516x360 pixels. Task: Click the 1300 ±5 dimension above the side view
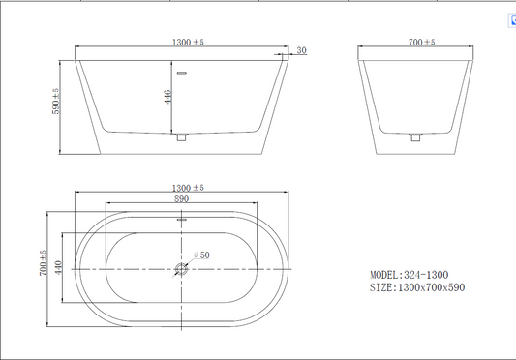click(x=188, y=43)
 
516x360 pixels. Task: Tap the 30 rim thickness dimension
click(x=301, y=50)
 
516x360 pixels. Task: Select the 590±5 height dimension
click(x=55, y=101)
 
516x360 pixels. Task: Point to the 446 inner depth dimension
click(x=167, y=97)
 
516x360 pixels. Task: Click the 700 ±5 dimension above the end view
click(x=421, y=43)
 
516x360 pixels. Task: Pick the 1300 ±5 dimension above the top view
click(x=188, y=188)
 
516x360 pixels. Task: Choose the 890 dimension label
click(x=181, y=199)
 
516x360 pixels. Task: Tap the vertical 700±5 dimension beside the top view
click(x=44, y=262)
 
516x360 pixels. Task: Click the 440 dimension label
click(x=59, y=268)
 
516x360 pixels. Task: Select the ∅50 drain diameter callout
click(x=201, y=255)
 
